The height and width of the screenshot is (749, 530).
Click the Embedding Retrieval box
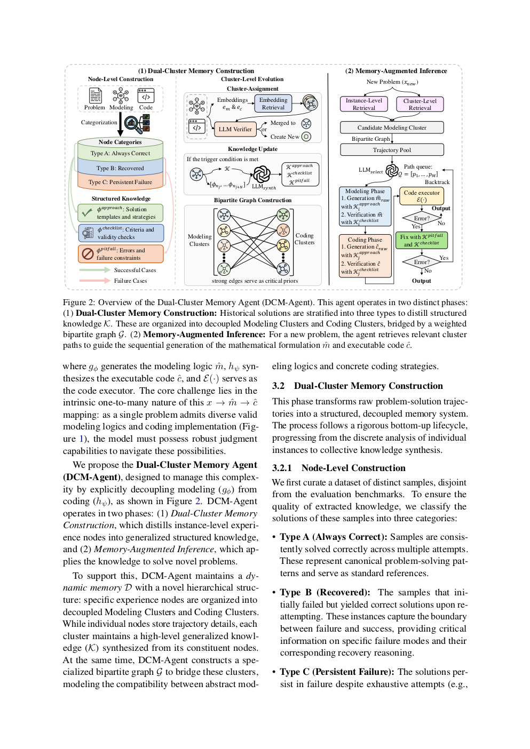tap(273, 103)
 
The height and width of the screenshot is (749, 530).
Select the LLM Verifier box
tap(235, 129)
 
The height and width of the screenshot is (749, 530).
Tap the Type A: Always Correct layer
tap(120, 154)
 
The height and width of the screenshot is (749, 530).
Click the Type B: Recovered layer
tap(120, 168)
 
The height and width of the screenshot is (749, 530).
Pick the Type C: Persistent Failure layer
tap(120, 182)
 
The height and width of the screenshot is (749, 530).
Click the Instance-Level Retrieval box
tap(363, 104)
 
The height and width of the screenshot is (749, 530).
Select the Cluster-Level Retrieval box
tap(420, 104)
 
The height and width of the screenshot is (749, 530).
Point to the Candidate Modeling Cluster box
tap(392, 128)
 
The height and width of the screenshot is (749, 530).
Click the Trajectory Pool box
tap(392, 150)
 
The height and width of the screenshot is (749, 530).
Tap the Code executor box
tap(422, 196)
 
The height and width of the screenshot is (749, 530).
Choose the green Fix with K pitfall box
tap(422, 240)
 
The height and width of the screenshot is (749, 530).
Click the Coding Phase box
tap(365, 256)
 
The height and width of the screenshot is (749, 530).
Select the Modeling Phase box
tap(365, 206)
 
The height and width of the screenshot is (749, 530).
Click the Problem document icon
tap(95, 96)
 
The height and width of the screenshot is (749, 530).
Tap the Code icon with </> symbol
tap(146, 96)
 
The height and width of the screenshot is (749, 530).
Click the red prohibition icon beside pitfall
tap(88, 254)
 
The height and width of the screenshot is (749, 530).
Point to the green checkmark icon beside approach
tap(87, 213)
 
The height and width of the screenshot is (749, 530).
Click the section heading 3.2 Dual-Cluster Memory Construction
tap(358, 386)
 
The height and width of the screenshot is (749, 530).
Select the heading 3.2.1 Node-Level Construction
tap(339, 468)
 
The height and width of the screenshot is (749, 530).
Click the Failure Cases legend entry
tap(130, 281)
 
